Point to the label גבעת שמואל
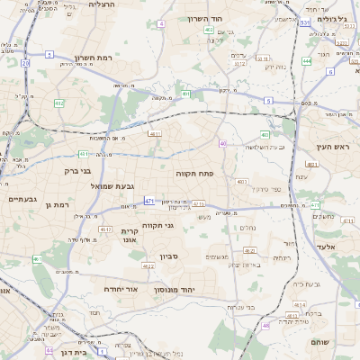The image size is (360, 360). (112, 186)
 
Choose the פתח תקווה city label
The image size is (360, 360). (193, 172)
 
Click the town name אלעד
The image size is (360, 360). (326, 246)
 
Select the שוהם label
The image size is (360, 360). (320, 341)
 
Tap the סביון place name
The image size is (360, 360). (170, 257)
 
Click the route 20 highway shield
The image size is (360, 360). (25, 64)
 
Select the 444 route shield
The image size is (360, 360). (307, 61)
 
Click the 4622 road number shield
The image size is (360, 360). (148, 266)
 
